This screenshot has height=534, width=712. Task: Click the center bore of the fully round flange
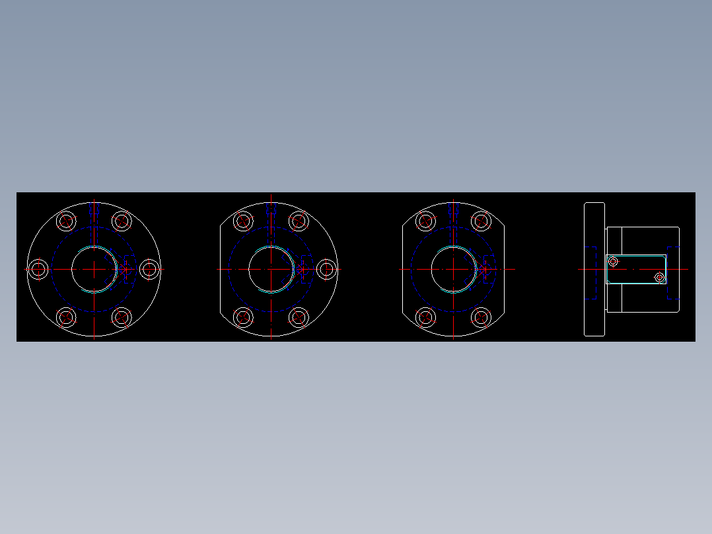point(94,269)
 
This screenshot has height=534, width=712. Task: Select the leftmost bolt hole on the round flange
point(38,269)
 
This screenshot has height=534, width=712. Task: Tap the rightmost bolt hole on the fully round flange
point(150,269)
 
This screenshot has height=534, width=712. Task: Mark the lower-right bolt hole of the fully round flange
point(122,317)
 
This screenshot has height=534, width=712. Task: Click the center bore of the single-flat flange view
point(271,269)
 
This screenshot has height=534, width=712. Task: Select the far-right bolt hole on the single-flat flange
point(326,269)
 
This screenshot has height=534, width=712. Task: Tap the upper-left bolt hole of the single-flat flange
point(243,221)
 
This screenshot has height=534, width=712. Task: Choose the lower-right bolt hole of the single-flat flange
point(299,317)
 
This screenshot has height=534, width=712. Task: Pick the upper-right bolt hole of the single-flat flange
point(299,221)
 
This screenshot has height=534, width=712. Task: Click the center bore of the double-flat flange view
point(454,269)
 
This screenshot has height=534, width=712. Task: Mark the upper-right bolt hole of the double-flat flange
point(481,221)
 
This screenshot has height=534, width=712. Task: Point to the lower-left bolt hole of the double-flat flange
point(426,317)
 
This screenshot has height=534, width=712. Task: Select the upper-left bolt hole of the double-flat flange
point(426,221)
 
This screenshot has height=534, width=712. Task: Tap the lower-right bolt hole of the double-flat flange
point(481,317)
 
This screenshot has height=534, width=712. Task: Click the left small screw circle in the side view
point(613,262)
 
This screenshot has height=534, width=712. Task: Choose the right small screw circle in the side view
point(659,277)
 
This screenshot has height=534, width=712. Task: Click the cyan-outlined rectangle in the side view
point(636,269)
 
